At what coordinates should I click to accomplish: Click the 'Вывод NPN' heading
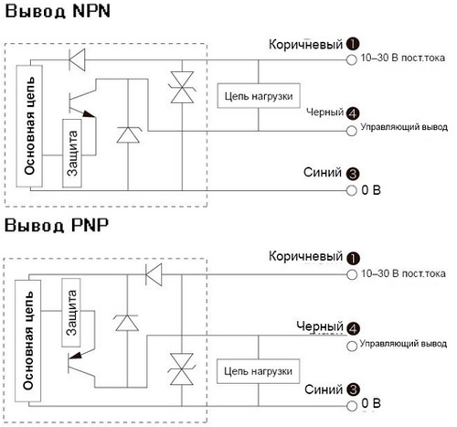pos(58,11)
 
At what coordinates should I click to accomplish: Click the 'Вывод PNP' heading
pos(57,226)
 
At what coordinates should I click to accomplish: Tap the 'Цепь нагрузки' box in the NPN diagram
pos(259,96)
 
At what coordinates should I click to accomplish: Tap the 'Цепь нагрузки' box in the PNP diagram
pos(258,371)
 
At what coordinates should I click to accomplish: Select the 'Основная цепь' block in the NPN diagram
pos(29,126)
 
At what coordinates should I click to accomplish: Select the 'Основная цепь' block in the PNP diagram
pos(28,341)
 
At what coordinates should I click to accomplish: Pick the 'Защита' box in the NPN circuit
pos(72,153)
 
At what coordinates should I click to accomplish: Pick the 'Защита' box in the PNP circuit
pos(71,313)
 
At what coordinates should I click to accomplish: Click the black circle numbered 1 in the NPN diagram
pos(353,44)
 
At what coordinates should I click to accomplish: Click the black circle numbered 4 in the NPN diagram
pos(353,113)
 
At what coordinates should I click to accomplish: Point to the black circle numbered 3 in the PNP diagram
pos(353,390)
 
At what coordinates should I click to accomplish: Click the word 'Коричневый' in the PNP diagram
pos(306,257)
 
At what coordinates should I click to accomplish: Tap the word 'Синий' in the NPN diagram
pos(323,173)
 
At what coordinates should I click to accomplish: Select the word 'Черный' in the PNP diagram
pos(320,326)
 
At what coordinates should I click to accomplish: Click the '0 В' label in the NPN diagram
pos(371,190)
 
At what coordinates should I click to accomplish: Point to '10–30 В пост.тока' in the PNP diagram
pos(403,273)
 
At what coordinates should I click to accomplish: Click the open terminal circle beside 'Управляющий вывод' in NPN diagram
pos(352,131)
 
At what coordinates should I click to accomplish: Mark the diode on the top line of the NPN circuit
pos(77,59)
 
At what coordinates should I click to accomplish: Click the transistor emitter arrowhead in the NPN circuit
pos(90,114)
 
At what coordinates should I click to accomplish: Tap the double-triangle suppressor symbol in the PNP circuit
pos(182,369)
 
